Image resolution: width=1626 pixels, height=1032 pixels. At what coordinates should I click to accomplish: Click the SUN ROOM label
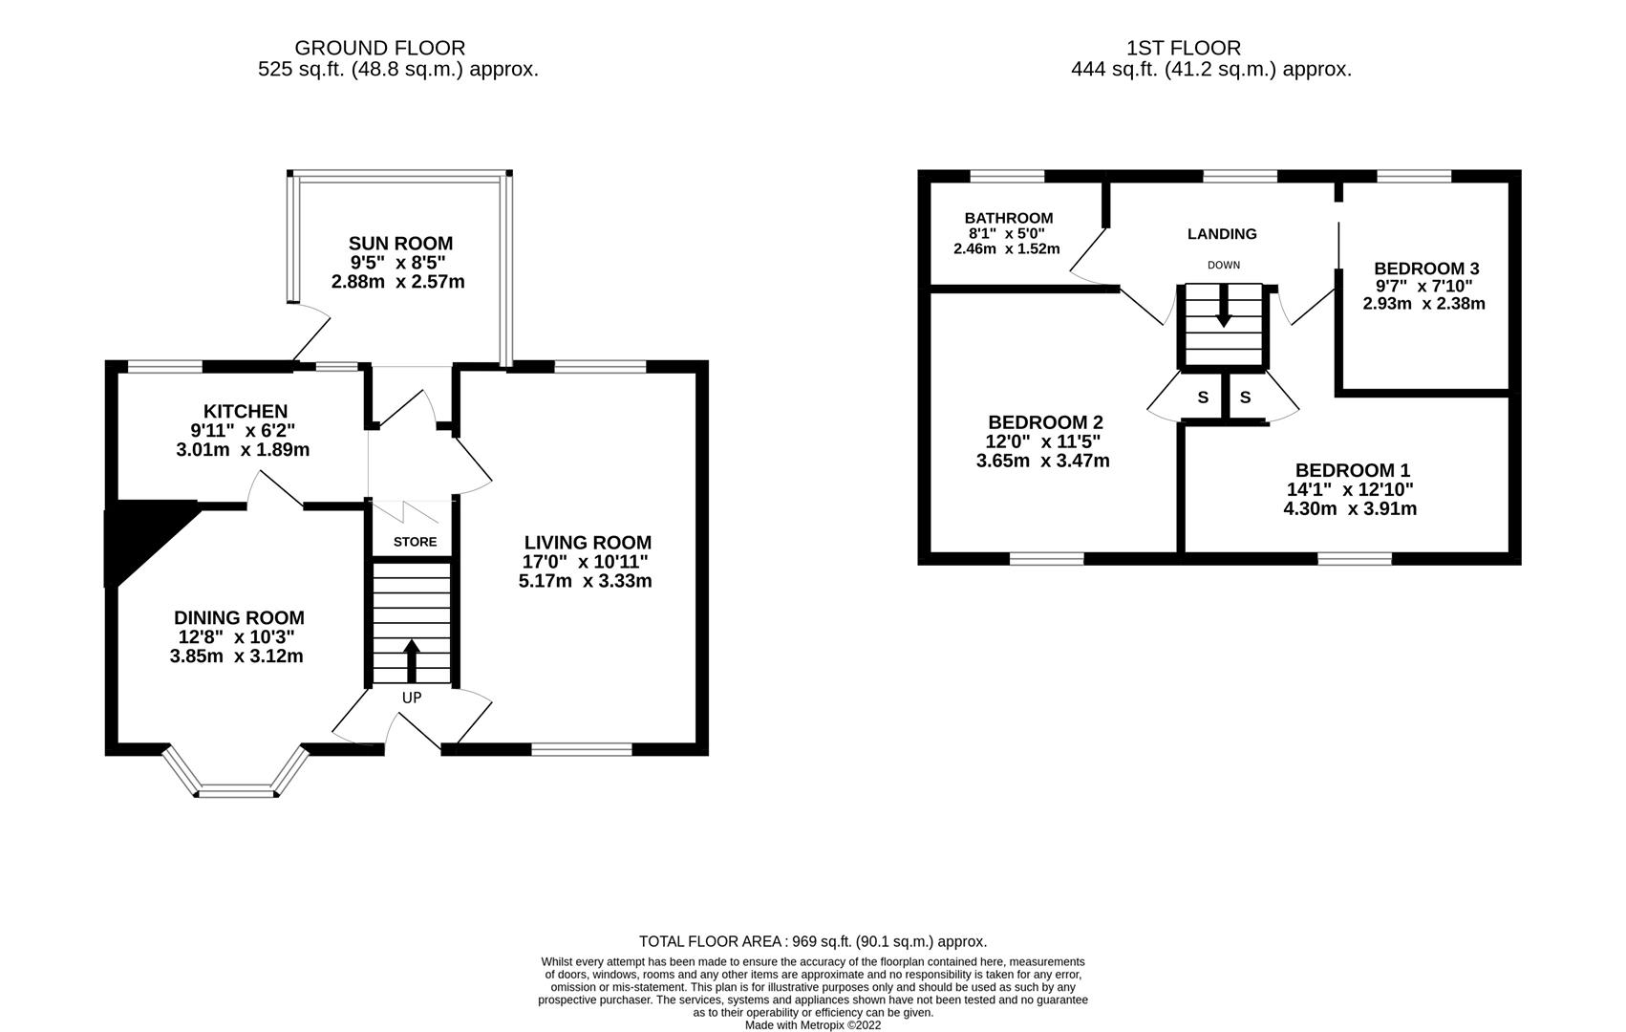(x=399, y=244)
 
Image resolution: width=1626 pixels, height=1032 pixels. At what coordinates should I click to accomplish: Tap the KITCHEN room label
(x=246, y=412)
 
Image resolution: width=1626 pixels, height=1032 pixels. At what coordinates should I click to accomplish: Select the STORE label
(x=415, y=542)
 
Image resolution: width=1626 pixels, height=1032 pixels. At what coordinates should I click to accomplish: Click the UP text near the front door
(x=412, y=698)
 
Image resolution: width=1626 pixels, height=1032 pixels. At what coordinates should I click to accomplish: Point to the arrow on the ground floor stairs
(x=412, y=659)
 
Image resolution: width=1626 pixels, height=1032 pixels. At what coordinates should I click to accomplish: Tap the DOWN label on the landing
(x=1224, y=265)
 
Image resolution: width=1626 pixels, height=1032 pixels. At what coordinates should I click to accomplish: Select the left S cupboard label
(x=1203, y=398)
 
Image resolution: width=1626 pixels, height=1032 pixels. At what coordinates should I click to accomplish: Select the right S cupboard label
(x=1245, y=398)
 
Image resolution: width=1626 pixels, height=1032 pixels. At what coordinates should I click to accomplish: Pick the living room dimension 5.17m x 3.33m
(x=585, y=581)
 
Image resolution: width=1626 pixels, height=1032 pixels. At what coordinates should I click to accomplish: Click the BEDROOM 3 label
(x=1426, y=269)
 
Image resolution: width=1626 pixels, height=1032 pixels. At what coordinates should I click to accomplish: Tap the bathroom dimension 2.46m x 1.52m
(x=1007, y=249)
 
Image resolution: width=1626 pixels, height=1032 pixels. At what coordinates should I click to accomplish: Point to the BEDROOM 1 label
(x=1352, y=470)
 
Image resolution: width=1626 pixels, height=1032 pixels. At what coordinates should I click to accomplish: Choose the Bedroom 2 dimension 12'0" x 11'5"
(x=1042, y=441)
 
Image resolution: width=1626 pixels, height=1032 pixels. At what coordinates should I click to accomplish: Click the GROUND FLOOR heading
(x=379, y=48)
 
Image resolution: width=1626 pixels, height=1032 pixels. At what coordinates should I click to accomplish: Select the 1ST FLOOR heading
(x=1184, y=48)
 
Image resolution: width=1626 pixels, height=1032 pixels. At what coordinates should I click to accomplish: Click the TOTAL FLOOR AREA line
(x=812, y=941)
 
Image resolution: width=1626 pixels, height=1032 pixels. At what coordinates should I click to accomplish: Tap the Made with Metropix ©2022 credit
(x=812, y=1025)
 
